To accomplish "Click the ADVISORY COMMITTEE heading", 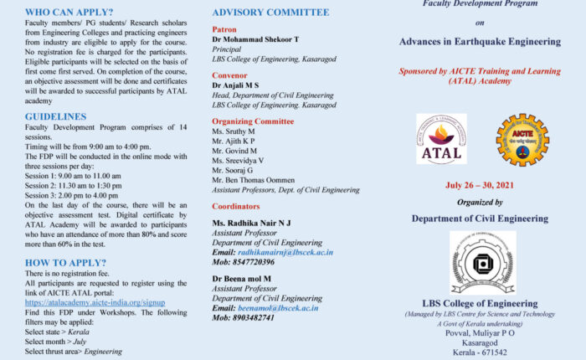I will [270, 13].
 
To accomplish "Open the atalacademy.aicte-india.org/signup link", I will [95, 302].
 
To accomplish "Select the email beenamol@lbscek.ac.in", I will [277, 307].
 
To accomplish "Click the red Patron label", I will [224, 28].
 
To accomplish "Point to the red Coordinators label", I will [236, 206].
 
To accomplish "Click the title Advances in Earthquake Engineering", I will [480, 40].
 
